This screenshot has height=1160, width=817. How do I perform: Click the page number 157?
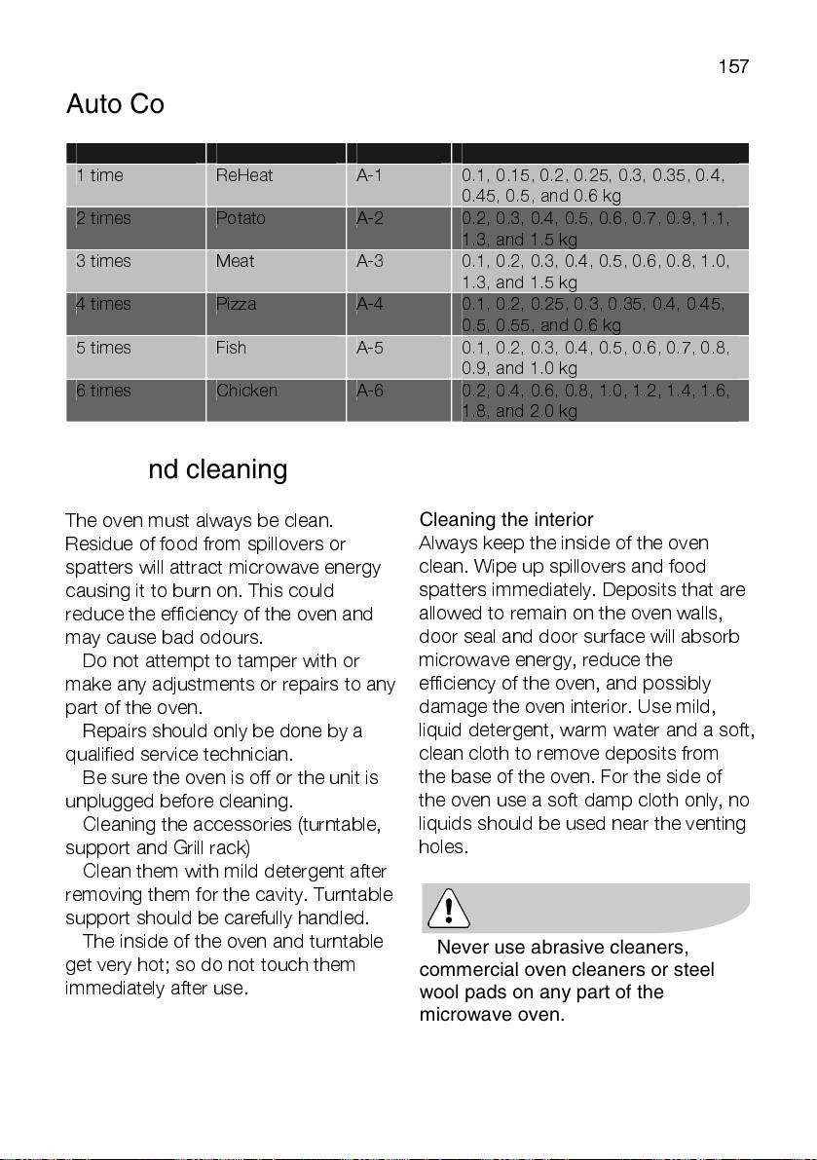(733, 66)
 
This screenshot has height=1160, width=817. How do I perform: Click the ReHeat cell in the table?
(243, 175)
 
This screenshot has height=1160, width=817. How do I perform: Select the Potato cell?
(241, 218)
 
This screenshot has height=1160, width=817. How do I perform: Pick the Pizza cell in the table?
(237, 304)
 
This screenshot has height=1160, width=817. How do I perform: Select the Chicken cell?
(246, 391)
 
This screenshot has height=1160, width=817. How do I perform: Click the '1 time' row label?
(99, 175)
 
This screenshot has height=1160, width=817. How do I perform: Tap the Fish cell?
(231, 348)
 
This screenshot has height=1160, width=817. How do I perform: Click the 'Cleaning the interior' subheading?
(506, 520)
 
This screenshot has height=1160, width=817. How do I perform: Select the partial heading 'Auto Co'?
(115, 104)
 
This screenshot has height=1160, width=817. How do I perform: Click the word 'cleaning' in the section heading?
(236, 470)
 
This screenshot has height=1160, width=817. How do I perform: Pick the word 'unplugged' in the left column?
(107, 801)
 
